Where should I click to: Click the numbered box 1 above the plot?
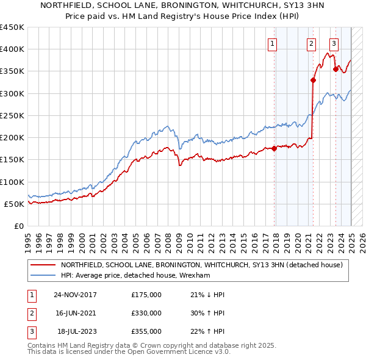[271, 43]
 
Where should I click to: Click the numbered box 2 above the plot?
[311, 43]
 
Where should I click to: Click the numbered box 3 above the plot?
[334, 43]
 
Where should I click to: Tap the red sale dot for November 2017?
[274, 148]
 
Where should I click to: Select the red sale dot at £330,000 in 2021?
[313, 80]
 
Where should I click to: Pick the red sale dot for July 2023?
[335, 69]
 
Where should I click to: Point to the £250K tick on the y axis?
[13, 115]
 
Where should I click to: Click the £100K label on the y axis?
[13, 182]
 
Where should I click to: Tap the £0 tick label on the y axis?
[18, 226]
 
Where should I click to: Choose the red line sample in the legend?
[43, 265]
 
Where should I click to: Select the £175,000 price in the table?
[146, 294]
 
